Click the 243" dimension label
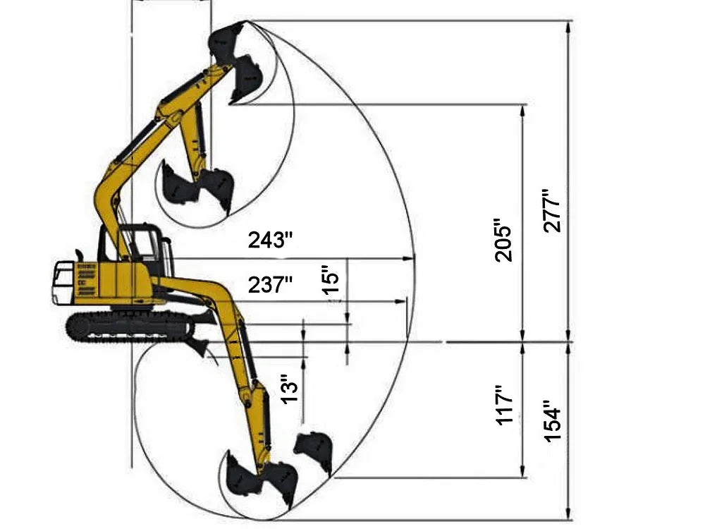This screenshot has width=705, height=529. [x=270, y=241]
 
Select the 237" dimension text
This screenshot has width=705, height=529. [x=270, y=286]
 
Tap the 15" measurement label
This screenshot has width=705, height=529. [x=331, y=280]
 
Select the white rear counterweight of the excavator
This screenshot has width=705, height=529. [x=63, y=283]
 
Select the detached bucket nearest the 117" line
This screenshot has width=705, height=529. [x=314, y=451]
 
